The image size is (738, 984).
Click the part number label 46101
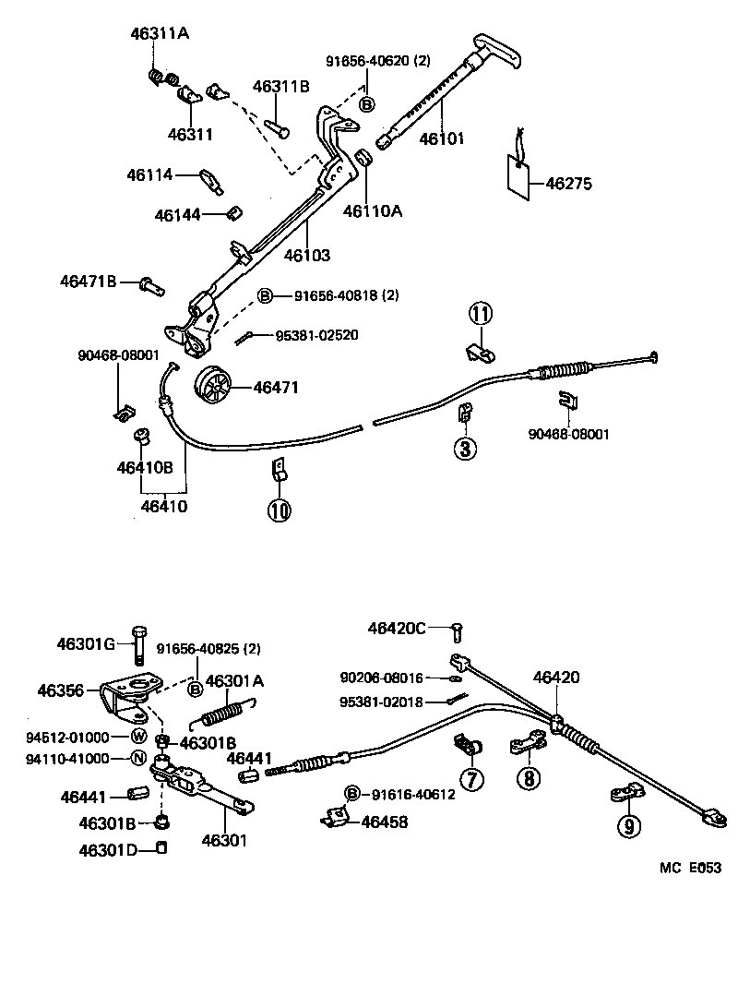click(x=442, y=139)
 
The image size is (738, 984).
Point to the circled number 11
click(x=480, y=314)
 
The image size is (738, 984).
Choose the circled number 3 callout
click(x=464, y=450)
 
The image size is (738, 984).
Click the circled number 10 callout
click(x=280, y=510)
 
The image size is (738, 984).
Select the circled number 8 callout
click(x=530, y=779)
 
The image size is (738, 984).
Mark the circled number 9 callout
click(x=628, y=826)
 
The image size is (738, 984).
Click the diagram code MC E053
click(x=688, y=868)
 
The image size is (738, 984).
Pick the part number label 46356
click(x=62, y=690)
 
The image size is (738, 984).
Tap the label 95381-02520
click(x=316, y=335)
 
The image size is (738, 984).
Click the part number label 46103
click(x=306, y=255)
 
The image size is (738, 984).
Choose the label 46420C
click(x=397, y=629)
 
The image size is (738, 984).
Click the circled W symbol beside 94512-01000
click(x=138, y=736)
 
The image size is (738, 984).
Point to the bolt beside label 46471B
click(x=152, y=284)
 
